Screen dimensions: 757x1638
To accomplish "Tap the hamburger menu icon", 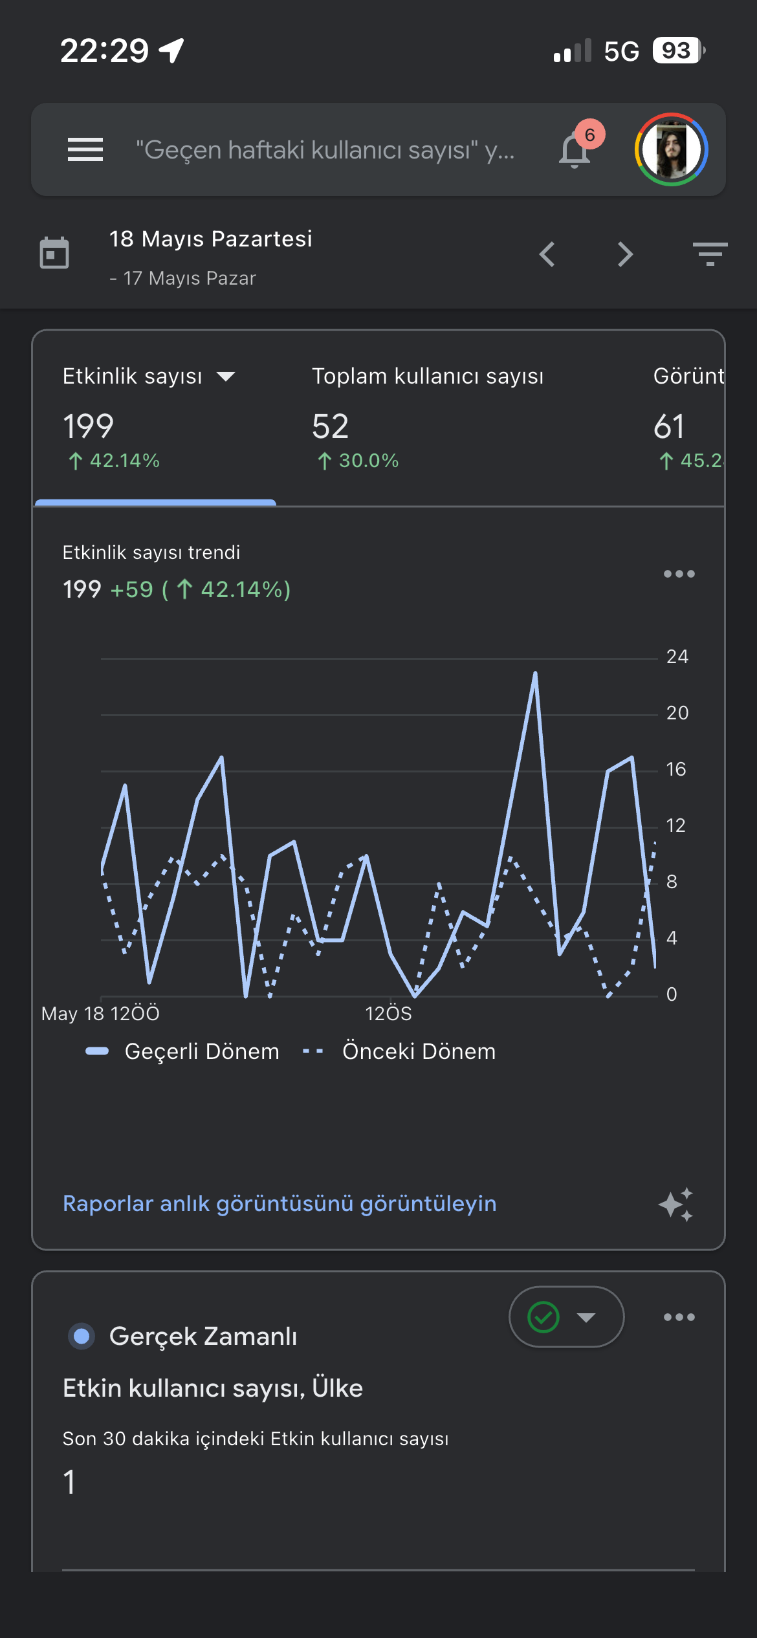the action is [x=85, y=149].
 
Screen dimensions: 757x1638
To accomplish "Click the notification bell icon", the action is [x=575, y=150].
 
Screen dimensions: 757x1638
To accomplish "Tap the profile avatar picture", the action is [x=672, y=149].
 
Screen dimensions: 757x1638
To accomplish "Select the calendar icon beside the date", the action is [x=54, y=252].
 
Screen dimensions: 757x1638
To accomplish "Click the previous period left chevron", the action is [x=547, y=254].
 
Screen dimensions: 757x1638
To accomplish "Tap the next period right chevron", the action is [x=625, y=254].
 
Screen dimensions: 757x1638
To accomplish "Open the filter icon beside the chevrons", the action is [x=710, y=254].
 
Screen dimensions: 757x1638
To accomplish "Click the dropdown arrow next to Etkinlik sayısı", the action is [x=226, y=377].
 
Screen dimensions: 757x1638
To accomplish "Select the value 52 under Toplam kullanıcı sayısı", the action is [x=330, y=426].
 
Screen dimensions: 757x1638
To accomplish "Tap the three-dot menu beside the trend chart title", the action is [x=679, y=574].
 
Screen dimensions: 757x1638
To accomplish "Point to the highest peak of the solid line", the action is [x=535, y=673].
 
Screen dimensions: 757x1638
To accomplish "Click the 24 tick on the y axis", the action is [x=677, y=657].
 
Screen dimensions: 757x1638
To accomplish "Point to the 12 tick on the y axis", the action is [x=676, y=825].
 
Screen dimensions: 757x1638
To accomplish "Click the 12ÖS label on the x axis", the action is [x=388, y=1013].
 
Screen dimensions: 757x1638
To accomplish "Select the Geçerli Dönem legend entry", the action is [x=182, y=1051].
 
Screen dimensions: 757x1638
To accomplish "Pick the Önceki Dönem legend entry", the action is [x=399, y=1051].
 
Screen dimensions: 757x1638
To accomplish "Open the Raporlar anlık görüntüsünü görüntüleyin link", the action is [x=280, y=1203].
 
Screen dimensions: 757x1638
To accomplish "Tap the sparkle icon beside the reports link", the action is [x=676, y=1205].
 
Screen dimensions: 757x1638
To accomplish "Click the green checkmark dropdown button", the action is [x=567, y=1317].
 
